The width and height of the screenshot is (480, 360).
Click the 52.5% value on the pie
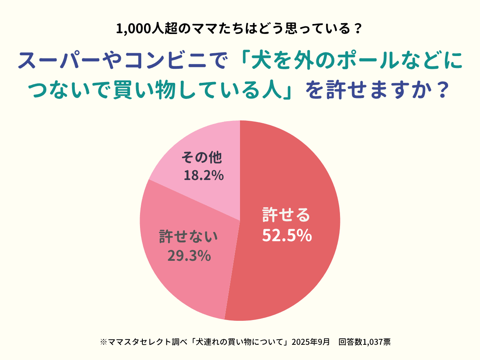(x=287, y=236)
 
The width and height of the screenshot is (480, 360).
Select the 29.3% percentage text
(x=189, y=255)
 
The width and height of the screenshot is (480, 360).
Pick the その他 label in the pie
(x=201, y=157)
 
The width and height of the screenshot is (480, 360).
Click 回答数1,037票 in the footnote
(x=364, y=342)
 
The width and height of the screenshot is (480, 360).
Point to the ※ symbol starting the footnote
(x=103, y=342)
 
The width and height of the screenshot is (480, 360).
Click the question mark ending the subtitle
(x=358, y=29)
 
